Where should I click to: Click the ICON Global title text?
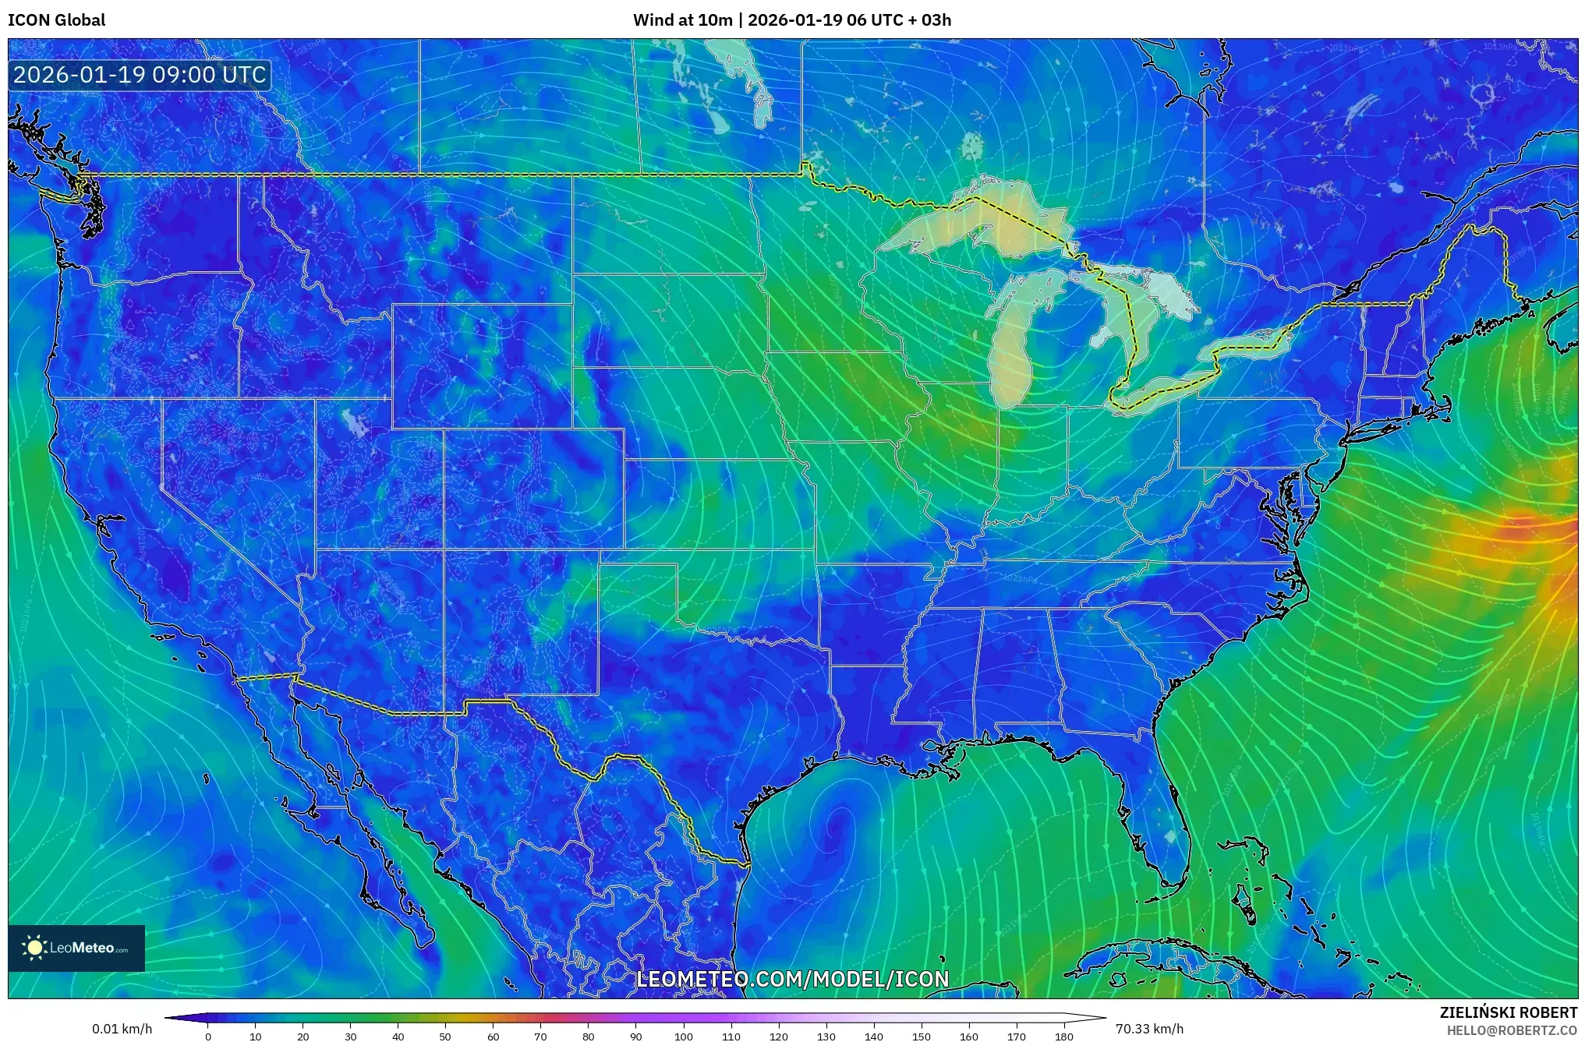[x=56, y=19]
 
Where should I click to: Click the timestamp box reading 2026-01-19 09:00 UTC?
[x=140, y=75]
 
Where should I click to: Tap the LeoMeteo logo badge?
[x=76, y=948]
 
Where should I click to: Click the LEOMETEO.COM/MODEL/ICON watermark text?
[x=792, y=979]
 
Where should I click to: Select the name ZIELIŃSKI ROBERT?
[x=1508, y=1012]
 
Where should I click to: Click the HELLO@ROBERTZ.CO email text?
[x=1512, y=1030]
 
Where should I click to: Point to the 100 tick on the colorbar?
[x=683, y=1037]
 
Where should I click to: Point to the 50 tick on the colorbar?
[x=445, y=1037]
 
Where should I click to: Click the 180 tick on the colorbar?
[x=1063, y=1037]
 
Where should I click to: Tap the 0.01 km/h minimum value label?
[x=122, y=1029]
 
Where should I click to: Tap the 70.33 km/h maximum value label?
[x=1149, y=1029]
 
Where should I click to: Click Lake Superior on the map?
[x=982, y=222]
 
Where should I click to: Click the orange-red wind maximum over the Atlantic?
[x=1528, y=530]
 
